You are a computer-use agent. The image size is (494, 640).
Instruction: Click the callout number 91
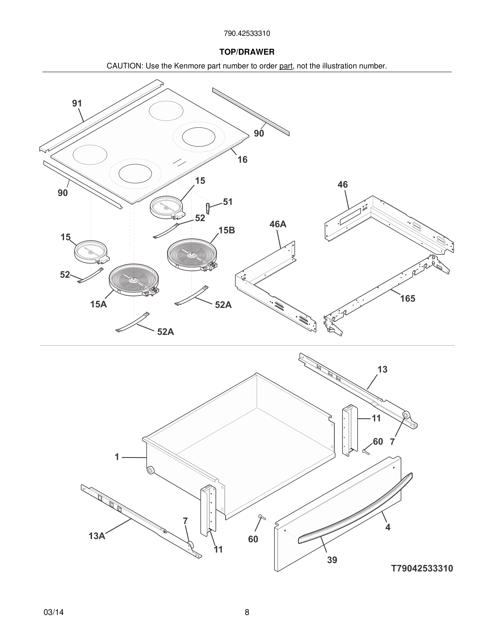(x=77, y=103)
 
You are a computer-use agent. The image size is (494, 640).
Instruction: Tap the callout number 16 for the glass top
(x=242, y=160)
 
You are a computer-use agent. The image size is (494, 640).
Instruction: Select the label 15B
(x=227, y=230)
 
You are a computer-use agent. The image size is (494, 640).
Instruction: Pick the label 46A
(x=278, y=224)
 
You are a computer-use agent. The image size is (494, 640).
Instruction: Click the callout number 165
(x=408, y=299)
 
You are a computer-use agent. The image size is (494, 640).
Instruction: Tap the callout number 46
(x=343, y=185)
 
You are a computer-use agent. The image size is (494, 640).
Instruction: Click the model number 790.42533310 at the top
(x=247, y=34)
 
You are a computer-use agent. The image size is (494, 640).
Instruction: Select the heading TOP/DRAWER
(x=247, y=52)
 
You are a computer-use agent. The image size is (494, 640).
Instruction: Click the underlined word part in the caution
(x=286, y=66)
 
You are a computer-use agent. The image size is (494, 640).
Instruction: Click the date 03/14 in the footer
(x=54, y=612)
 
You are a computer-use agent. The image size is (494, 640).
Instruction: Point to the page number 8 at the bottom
(x=247, y=612)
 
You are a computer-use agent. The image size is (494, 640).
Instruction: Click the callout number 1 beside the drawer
(x=117, y=457)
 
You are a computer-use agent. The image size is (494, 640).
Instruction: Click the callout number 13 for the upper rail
(x=382, y=370)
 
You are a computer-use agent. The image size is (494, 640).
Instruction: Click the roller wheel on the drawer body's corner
(x=150, y=471)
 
